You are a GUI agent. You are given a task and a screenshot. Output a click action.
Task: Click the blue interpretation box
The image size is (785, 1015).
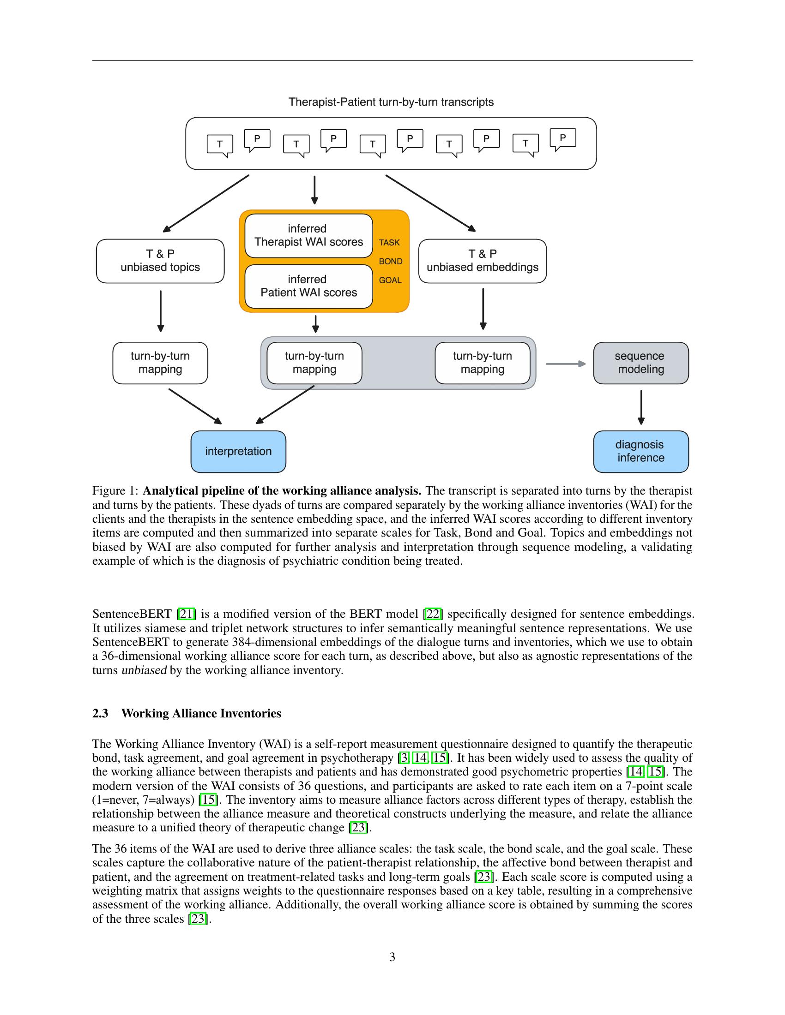click(238, 451)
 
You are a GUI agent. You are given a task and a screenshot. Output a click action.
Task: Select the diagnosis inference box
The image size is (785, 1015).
click(640, 451)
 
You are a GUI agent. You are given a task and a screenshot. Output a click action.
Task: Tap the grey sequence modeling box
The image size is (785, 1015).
click(640, 363)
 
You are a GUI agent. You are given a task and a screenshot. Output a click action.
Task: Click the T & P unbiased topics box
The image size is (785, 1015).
click(160, 261)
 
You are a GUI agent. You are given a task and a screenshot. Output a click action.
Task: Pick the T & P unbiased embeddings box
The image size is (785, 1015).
click(482, 261)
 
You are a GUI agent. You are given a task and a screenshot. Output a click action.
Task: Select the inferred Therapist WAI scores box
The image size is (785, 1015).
click(308, 236)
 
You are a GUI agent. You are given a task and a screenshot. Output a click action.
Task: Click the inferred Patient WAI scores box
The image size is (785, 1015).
click(308, 287)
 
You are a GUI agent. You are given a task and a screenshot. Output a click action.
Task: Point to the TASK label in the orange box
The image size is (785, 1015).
click(389, 243)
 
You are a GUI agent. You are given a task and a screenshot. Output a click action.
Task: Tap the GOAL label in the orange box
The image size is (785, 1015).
click(390, 280)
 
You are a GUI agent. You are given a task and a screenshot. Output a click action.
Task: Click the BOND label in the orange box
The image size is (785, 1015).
click(390, 261)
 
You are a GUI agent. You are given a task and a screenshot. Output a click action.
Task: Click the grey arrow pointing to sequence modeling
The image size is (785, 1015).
click(565, 364)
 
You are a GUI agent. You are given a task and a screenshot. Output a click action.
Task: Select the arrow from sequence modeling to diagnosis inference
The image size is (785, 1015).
click(641, 406)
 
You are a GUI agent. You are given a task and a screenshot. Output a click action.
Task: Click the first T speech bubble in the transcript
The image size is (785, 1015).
click(220, 144)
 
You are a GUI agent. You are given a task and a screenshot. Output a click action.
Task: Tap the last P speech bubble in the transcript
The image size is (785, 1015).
click(563, 138)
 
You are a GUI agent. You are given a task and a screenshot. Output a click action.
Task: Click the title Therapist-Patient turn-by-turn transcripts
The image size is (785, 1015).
click(391, 102)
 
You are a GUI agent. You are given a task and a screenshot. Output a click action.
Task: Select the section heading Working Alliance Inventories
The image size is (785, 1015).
click(201, 713)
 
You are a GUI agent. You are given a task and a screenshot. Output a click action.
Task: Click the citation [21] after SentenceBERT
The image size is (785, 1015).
click(187, 614)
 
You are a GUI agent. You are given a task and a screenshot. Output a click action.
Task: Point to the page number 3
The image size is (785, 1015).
click(392, 957)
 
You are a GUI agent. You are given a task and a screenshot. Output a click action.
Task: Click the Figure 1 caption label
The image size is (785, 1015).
click(115, 491)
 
